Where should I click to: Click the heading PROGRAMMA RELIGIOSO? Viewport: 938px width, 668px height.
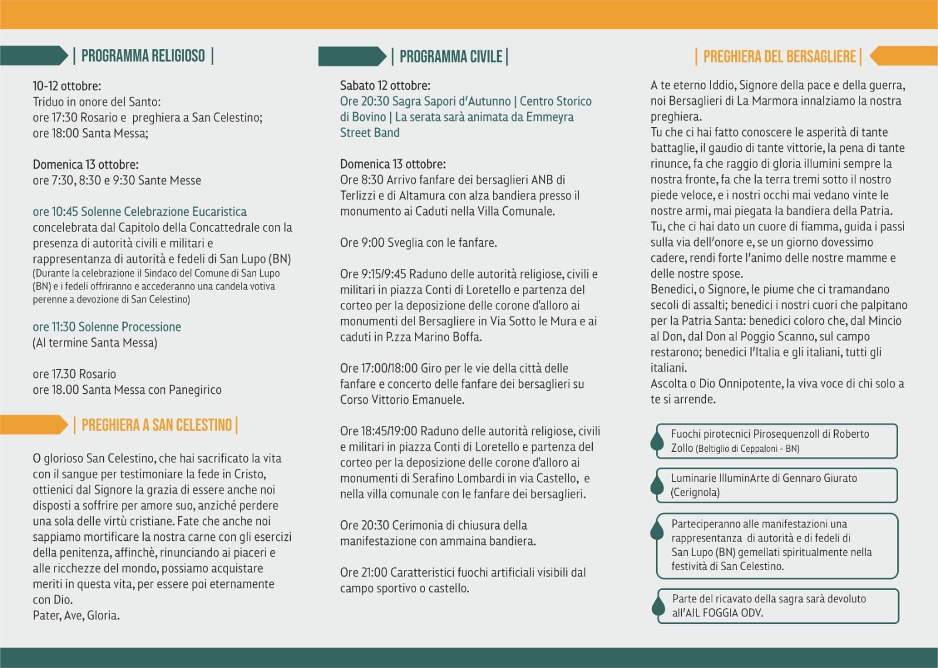(143, 56)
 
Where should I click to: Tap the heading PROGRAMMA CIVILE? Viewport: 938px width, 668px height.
(451, 57)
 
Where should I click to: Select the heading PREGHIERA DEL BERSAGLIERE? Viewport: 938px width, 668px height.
(779, 57)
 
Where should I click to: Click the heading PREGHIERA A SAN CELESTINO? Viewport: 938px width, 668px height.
(157, 425)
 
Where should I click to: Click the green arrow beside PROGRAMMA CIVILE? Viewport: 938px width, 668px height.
(352, 57)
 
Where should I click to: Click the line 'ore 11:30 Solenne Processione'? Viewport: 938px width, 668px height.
(107, 327)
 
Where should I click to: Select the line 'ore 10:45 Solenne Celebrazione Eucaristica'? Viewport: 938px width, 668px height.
(140, 212)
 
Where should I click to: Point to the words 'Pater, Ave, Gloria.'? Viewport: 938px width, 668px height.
(76, 616)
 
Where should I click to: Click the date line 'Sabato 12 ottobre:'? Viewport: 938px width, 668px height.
(385, 86)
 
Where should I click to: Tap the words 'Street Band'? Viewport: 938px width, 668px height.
(369, 133)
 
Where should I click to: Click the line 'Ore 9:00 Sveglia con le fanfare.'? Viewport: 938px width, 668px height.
(418, 243)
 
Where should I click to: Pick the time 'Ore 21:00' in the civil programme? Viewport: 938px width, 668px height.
(363, 572)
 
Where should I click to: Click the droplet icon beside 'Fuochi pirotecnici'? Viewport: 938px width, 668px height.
(657, 441)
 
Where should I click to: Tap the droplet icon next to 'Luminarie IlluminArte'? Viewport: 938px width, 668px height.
(657, 485)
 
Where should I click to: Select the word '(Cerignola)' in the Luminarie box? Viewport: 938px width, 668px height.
(695, 493)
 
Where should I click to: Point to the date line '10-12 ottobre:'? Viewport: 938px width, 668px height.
(67, 86)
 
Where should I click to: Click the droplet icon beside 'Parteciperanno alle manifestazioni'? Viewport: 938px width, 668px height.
(657, 530)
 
